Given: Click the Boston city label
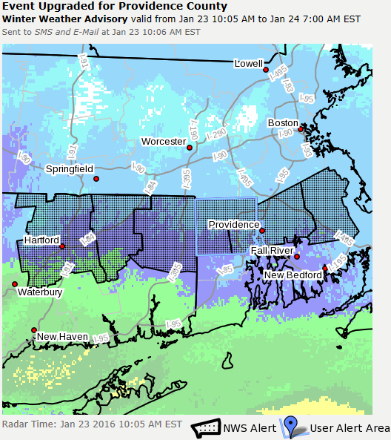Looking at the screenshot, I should point(282,123).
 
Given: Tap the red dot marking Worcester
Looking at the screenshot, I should point(190,148).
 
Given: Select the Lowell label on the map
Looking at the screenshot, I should point(248,64).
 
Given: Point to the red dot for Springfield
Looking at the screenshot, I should point(95,179).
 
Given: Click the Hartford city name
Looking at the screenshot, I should point(41,240).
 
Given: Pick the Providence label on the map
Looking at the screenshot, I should point(233,224).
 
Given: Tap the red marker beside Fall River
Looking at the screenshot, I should point(297,257).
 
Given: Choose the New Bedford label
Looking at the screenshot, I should point(293,275).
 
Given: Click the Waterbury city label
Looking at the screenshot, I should point(40,292).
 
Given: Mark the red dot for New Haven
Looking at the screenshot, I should point(33,329).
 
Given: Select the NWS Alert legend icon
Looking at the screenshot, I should point(207,428).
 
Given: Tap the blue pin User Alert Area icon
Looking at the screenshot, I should point(290,427).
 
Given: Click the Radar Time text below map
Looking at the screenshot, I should point(92,424).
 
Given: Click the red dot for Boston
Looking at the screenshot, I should point(301,130).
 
